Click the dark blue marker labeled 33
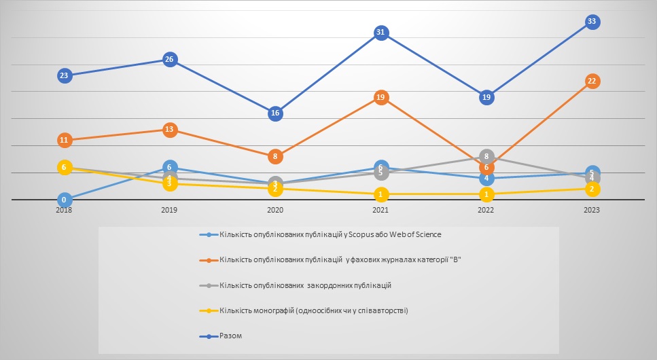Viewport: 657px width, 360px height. [592, 22]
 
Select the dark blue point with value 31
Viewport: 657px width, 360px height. [380, 33]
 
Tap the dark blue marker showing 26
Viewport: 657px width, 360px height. [169, 60]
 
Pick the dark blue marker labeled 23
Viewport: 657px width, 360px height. [64, 75]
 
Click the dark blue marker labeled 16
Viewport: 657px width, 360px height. [274, 113]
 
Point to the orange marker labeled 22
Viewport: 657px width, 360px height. [592, 82]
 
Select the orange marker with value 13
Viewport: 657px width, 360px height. [169, 130]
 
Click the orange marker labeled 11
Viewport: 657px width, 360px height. [64, 141]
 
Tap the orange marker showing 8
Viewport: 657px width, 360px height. [274, 157]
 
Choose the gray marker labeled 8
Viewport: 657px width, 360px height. [486, 156]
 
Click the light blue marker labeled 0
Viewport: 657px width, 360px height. [64, 200]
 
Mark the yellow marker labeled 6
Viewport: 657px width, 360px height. [64, 167]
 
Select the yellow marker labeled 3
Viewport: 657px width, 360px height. [169, 184]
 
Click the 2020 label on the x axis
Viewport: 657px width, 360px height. [274, 211]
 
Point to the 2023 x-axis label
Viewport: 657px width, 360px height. [592, 211]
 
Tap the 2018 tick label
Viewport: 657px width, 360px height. [64, 211]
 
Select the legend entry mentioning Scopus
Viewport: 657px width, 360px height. [330, 235]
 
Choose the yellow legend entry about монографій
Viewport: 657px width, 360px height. [313, 311]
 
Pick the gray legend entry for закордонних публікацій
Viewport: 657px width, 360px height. [305, 285]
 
